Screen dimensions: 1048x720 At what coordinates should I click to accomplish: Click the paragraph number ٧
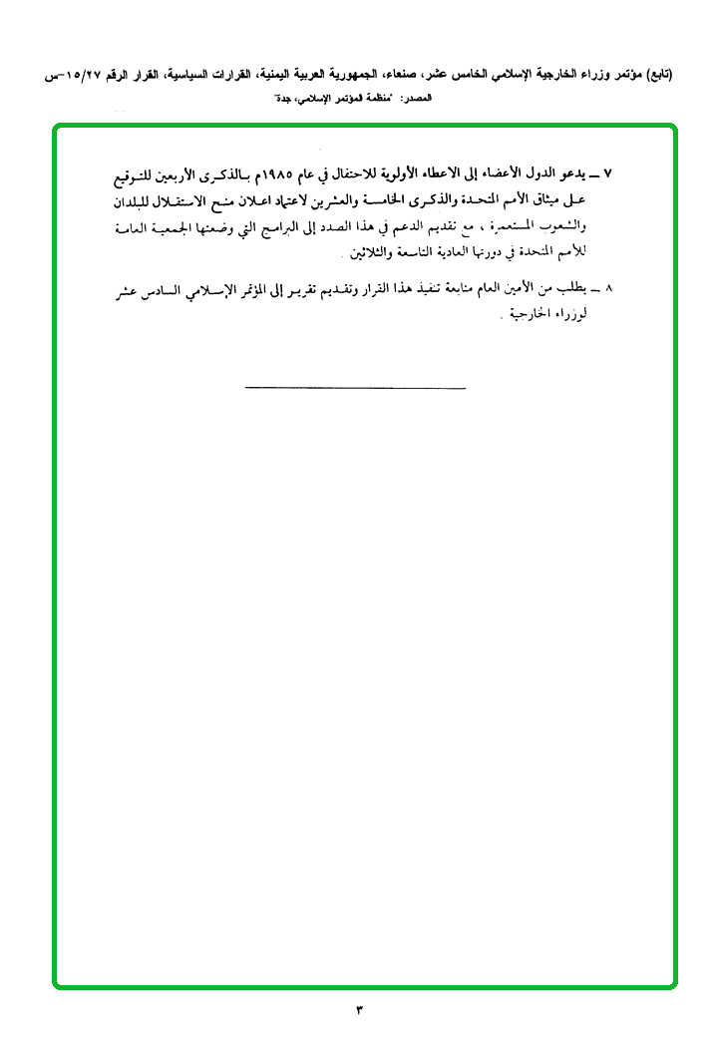(608, 173)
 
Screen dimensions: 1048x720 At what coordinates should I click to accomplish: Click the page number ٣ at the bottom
(359, 1011)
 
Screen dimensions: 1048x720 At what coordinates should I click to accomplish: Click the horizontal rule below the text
(354, 387)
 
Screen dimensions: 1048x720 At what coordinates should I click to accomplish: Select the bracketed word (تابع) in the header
(654, 75)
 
